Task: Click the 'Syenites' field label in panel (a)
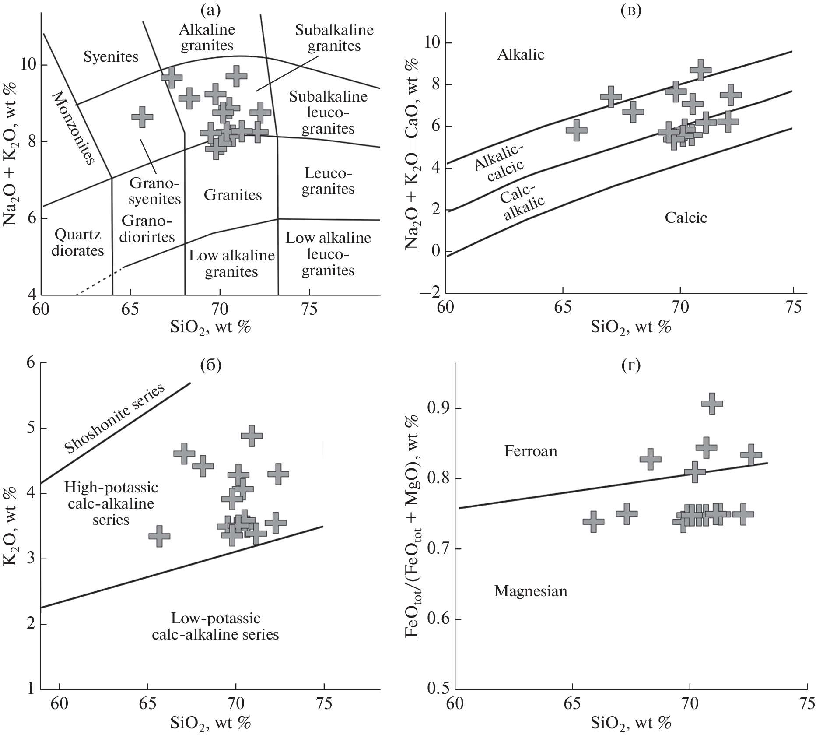point(111,57)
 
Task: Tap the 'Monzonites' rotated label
point(73,128)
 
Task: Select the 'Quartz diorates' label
point(77,243)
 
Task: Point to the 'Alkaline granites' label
point(207,38)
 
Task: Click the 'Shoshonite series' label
point(115,418)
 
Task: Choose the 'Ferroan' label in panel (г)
point(531,451)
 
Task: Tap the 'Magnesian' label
point(531,591)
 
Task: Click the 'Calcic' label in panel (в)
point(686,218)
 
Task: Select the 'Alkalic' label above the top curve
point(521,55)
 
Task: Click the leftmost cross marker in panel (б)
point(159,536)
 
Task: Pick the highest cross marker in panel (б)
point(252,436)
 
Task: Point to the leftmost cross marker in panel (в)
point(577,130)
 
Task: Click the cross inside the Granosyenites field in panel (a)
point(142,116)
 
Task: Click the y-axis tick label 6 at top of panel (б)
point(31,363)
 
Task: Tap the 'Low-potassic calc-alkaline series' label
point(215,626)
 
